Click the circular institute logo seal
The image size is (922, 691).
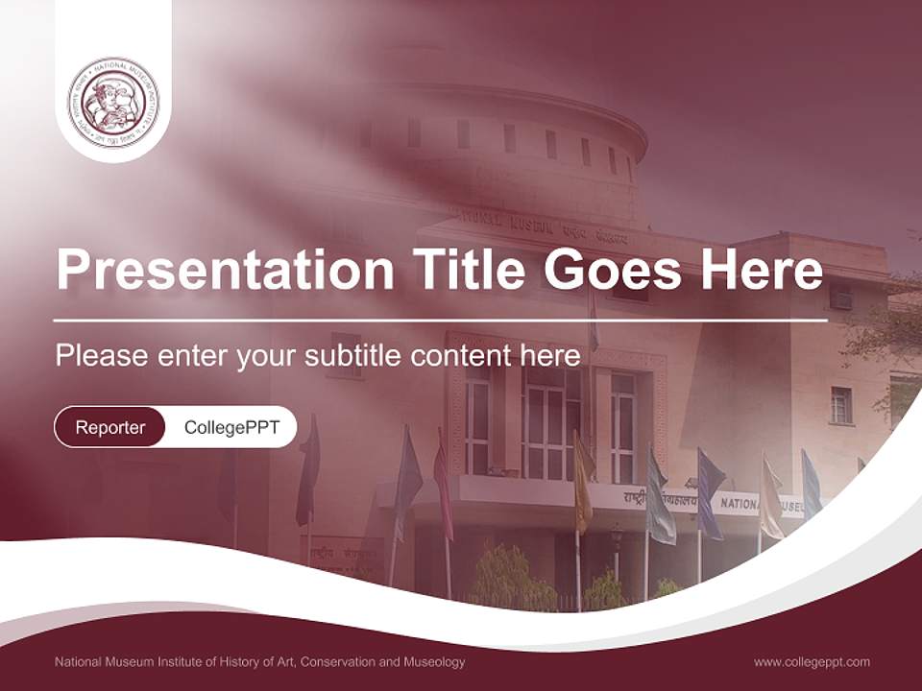tap(113, 102)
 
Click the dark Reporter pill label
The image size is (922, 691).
tap(110, 427)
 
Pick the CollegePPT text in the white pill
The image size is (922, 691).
tap(231, 427)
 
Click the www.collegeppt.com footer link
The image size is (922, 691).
tap(812, 661)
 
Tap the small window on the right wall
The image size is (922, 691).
tap(840, 404)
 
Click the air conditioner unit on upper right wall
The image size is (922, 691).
tap(841, 299)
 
